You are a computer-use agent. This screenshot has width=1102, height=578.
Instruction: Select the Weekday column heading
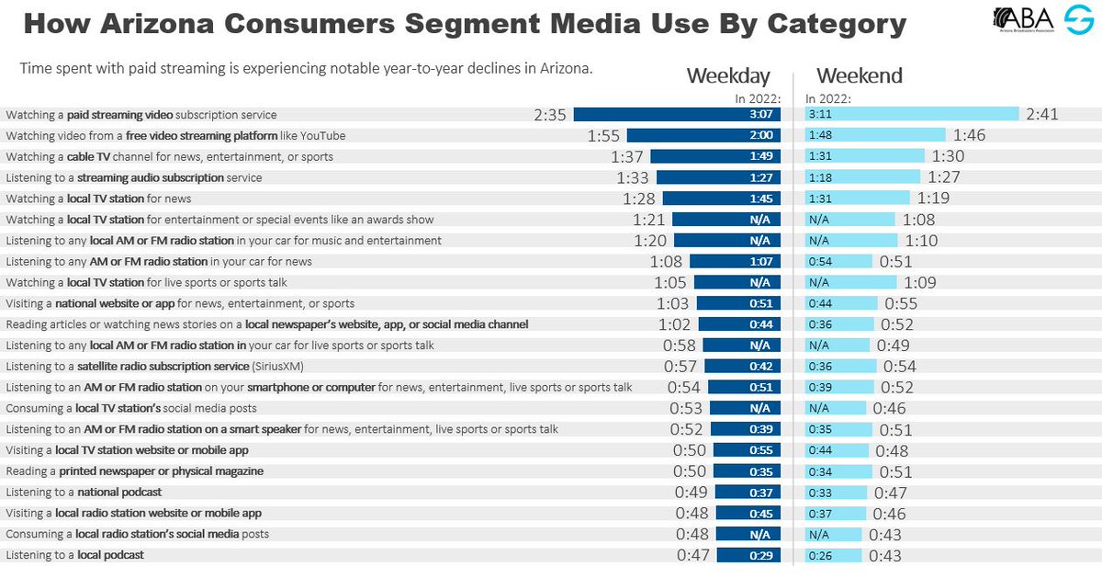[728, 75]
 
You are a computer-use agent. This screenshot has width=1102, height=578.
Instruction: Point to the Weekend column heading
[860, 75]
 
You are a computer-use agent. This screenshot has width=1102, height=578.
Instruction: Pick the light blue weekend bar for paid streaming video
[912, 115]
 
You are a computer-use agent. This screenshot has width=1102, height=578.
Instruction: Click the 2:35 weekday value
[552, 115]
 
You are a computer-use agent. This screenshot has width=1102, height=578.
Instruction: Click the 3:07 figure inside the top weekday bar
[764, 115]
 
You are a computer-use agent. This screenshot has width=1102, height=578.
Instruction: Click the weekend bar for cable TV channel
[865, 156]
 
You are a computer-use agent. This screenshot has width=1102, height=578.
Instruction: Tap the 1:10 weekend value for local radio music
[923, 241]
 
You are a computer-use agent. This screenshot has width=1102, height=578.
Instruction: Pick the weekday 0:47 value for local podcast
[694, 555]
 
